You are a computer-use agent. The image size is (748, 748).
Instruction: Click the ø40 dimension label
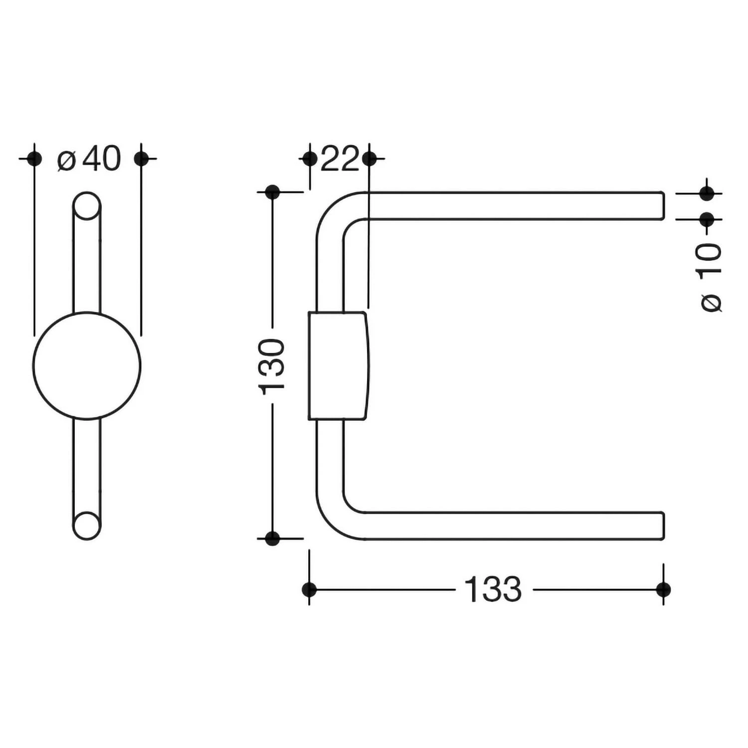pos(89,159)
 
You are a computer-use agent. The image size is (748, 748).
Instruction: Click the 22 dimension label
pos(340,159)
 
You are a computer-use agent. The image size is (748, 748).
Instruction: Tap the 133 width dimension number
pos(493,589)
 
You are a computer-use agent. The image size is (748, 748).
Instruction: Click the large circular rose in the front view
pos(87,366)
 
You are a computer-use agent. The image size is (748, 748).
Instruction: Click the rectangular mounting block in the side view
pos(338,366)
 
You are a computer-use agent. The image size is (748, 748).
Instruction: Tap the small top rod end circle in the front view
pos(87,205)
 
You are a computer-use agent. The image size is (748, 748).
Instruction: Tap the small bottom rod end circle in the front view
pos(87,526)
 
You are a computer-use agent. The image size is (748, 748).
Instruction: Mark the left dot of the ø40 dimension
pos(34,159)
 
